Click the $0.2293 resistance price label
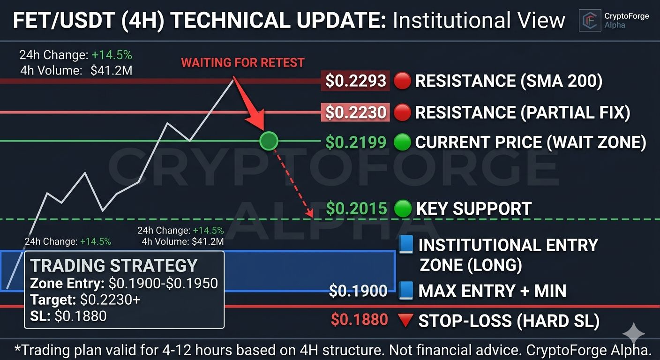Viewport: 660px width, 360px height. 356,81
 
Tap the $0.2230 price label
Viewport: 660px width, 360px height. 356,112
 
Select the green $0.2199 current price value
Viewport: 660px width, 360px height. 356,142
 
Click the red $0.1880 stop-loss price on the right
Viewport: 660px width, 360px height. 360,320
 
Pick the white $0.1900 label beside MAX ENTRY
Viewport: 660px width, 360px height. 358,291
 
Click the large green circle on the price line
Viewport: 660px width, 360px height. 269,141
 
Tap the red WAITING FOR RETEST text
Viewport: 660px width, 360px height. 242,63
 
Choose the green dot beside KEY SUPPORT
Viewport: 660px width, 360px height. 403,208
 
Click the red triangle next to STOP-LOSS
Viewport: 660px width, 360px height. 405,320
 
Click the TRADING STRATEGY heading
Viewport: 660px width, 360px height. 114,265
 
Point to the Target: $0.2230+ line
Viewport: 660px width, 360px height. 85,300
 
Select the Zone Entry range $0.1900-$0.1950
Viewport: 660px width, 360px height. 163,284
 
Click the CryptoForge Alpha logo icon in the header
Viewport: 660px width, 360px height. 590,20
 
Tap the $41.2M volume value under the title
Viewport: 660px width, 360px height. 112,71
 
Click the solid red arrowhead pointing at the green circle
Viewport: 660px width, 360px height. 256,121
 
